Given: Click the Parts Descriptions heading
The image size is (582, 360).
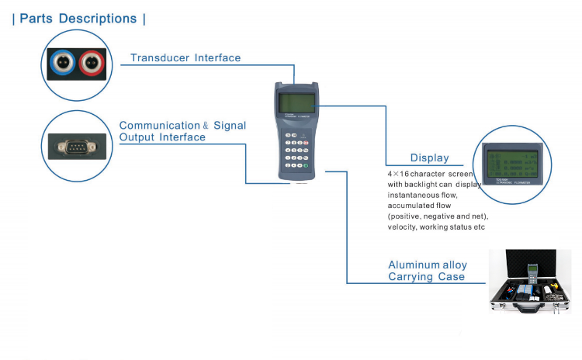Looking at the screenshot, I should coord(78,19).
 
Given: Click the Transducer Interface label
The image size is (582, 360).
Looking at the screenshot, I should coord(185,57).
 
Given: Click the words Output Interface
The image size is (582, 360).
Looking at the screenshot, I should coord(162,137).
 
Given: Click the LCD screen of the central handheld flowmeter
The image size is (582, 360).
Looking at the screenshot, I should coord(296,102).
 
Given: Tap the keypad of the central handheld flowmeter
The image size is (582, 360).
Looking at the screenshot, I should coord(296,151).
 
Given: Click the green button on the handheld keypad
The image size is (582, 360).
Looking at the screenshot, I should coord(307,164).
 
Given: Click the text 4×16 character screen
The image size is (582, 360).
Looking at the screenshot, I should coord(429,175).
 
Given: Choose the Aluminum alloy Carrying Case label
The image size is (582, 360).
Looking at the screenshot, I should coord(428,271).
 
